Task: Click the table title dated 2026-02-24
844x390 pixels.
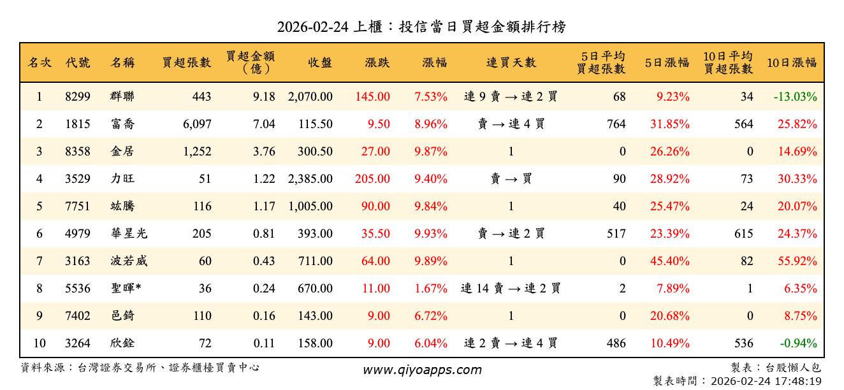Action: (421, 27)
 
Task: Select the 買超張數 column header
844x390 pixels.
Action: (186, 62)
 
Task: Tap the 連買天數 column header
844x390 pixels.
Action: (511, 62)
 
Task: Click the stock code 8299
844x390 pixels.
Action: (78, 97)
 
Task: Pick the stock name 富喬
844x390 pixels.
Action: (122, 124)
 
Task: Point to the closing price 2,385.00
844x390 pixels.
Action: (310, 179)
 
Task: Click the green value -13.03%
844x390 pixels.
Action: (795, 97)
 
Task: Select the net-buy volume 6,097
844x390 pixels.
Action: (196, 124)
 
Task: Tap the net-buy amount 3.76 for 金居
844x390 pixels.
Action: (264, 152)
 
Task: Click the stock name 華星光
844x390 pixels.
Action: (129, 234)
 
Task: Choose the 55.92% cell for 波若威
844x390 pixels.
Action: (797, 261)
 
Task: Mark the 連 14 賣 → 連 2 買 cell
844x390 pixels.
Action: (511, 289)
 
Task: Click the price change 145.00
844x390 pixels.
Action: (373, 97)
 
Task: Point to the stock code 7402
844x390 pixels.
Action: (78, 316)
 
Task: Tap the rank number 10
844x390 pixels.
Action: (40, 343)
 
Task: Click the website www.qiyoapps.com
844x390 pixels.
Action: (422, 370)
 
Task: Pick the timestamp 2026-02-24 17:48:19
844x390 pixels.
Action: (737, 381)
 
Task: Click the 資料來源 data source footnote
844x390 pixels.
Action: (140, 368)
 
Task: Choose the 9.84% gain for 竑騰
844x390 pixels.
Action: (430, 206)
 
